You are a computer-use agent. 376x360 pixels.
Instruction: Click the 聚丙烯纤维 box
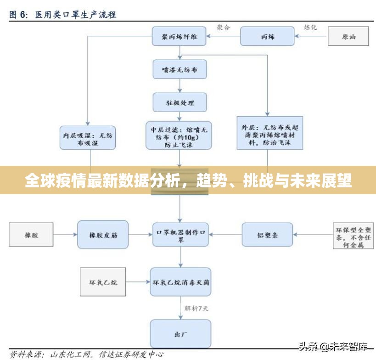tap(180, 37)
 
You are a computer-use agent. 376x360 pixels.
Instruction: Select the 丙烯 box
tap(267, 37)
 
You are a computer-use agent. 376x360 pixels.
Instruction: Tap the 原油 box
tap(348, 37)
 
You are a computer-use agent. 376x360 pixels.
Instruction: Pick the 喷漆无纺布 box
tap(180, 70)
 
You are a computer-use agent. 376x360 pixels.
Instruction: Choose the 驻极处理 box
tap(180, 102)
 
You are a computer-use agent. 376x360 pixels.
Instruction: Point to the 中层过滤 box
tap(180, 135)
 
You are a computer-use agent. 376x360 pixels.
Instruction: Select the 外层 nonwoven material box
tap(270, 135)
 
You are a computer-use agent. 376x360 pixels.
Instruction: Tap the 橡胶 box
tap(31, 235)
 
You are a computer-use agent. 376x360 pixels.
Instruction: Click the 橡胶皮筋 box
tap(103, 235)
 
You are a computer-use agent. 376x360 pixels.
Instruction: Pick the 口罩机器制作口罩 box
tap(181, 235)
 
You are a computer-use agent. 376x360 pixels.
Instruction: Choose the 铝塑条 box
tap(267, 235)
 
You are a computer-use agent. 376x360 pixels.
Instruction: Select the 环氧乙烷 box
tap(103, 281)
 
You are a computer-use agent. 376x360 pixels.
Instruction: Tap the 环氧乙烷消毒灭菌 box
tap(181, 281)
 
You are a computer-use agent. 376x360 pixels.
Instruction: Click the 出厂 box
tap(181, 333)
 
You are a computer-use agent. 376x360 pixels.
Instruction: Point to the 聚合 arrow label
tap(224, 28)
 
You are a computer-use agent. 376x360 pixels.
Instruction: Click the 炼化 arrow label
tap(310, 28)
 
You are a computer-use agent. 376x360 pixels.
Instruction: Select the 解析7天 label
tap(196, 308)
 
